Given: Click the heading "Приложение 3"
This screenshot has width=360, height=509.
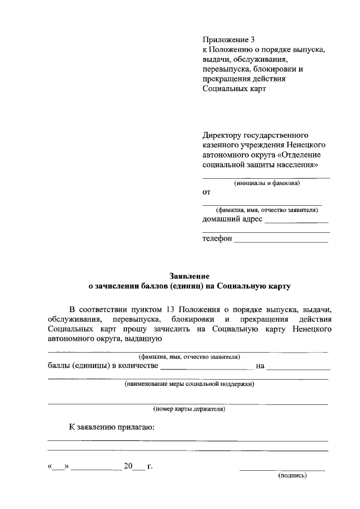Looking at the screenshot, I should pyautogui.click(x=228, y=39).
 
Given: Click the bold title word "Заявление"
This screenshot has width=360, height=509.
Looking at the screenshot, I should pyautogui.click(x=190, y=276).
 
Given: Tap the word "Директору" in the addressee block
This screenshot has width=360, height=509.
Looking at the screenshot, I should pyautogui.click(x=221, y=136).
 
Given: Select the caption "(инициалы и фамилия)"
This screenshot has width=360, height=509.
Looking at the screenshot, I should pyautogui.click(x=267, y=183).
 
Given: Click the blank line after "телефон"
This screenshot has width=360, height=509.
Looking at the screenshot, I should pyautogui.click(x=281, y=241).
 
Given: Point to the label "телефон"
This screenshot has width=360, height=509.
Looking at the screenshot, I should pyautogui.click(x=217, y=238).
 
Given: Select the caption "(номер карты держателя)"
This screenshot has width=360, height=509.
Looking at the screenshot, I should pyautogui.click(x=189, y=409).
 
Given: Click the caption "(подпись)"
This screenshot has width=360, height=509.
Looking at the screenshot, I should pyautogui.click(x=292, y=476).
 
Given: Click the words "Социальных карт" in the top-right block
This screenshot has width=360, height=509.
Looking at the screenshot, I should pyautogui.click(x=233, y=88).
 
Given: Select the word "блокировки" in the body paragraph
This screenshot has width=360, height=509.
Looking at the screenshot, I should pyautogui.click(x=192, y=319).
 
